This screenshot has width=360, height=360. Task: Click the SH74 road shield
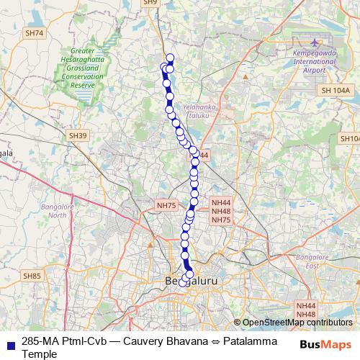pyautogui.click(x=34, y=33)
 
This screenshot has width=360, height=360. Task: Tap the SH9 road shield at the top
pyautogui.click(x=150, y=3)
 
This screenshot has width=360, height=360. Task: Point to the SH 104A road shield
pyautogui.click(x=336, y=91)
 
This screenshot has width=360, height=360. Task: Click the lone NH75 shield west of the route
pyautogui.click(x=166, y=206)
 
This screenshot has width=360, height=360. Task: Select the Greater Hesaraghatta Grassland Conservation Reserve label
pyautogui.click(x=82, y=69)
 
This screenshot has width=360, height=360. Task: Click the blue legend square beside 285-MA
pyautogui.click(x=9, y=340)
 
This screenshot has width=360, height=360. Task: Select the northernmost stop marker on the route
pyautogui.click(x=170, y=58)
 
